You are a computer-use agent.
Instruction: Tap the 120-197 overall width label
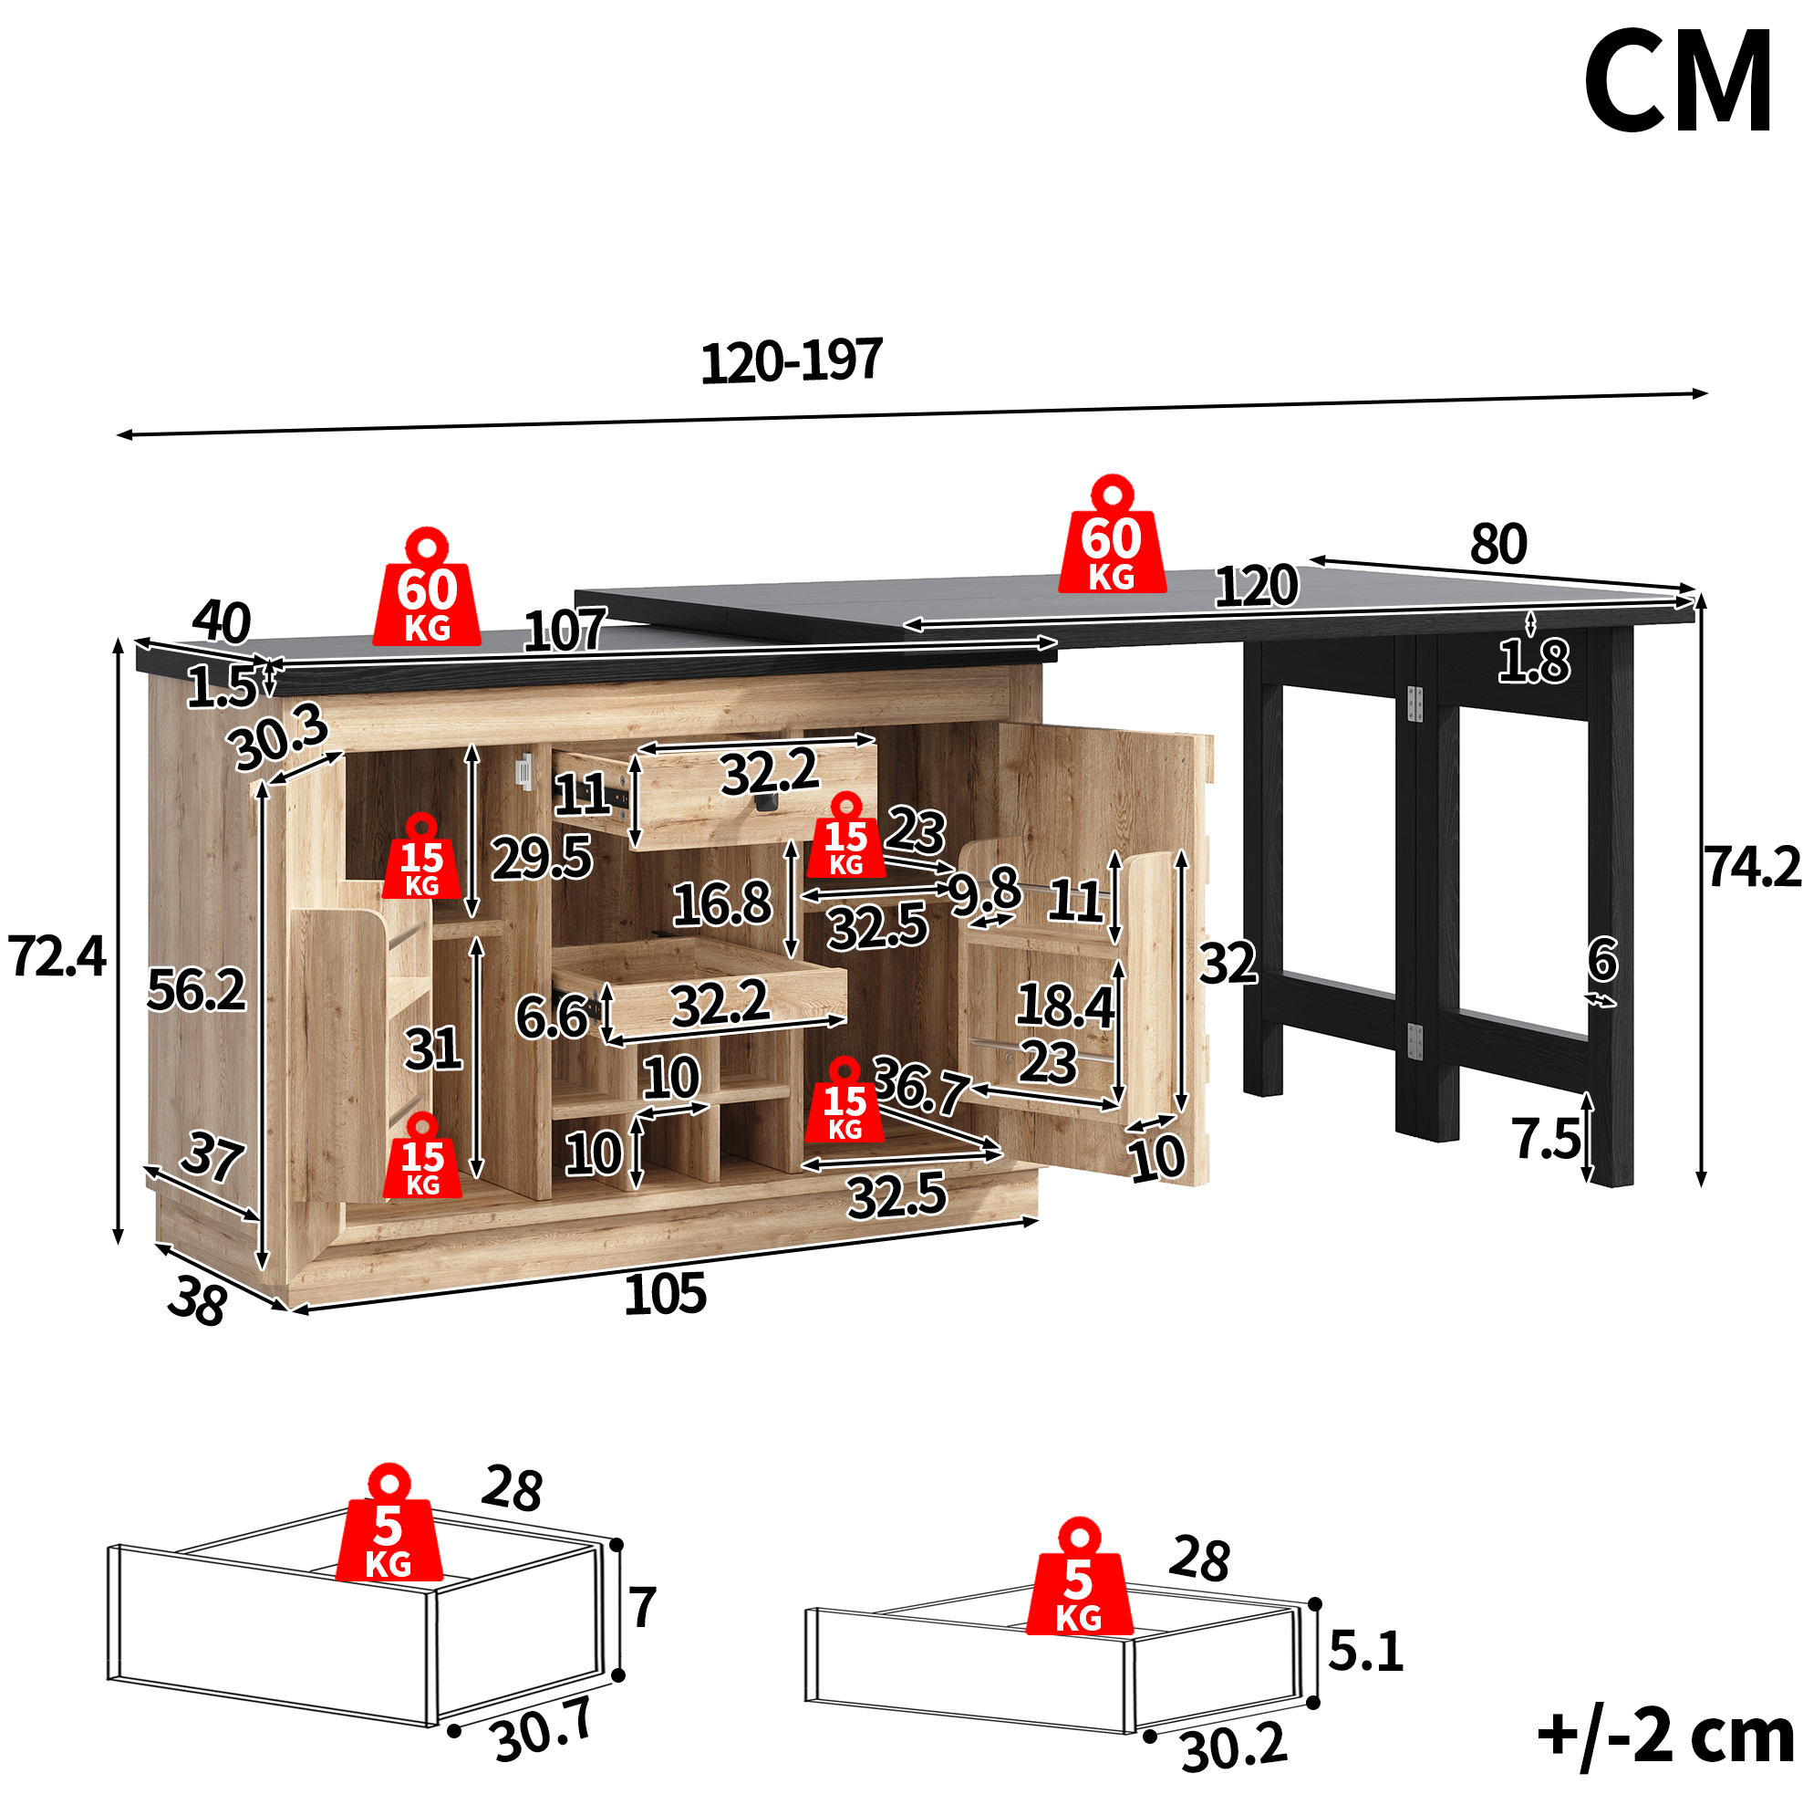tap(792, 360)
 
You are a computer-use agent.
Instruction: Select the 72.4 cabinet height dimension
tap(57, 956)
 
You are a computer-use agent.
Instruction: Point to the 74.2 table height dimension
tap(1752, 866)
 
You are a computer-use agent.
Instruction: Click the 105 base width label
tap(665, 1294)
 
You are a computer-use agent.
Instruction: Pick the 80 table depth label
tap(1498, 544)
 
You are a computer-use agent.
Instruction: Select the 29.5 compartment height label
tap(542, 858)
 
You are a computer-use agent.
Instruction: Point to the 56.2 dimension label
tap(196, 990)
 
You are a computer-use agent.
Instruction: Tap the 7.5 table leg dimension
tap(1546, 1139)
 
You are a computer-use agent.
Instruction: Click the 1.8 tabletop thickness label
tap(1533, 662)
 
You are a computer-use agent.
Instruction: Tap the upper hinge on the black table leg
tap(1414, 704)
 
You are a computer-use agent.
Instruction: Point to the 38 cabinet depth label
tap(198, 1302)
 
